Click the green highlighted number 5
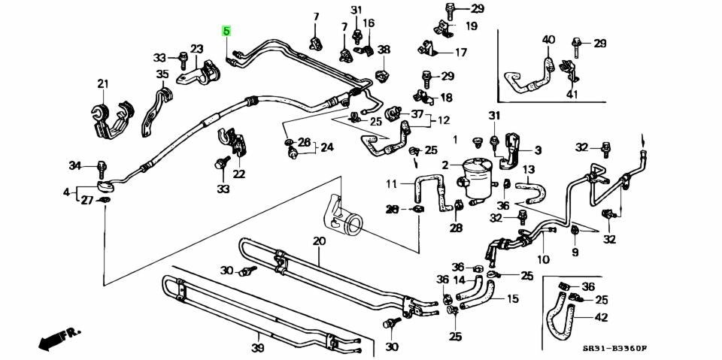[x=226, y=32]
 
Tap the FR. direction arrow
[x=59, y=338]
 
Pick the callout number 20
[x=319, y=241]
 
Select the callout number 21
[x=103, y=83]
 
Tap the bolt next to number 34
[x=102, y=169]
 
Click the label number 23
[x=196, y=48]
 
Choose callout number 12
[x=443, y=120]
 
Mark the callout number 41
[x=572, y=95]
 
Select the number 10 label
[x=543, y=259]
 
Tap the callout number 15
[x=512, y=299]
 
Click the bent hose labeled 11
[x=430, y=192]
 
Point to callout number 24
[x=326, y=148]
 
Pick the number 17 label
[x=460, y=52]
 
